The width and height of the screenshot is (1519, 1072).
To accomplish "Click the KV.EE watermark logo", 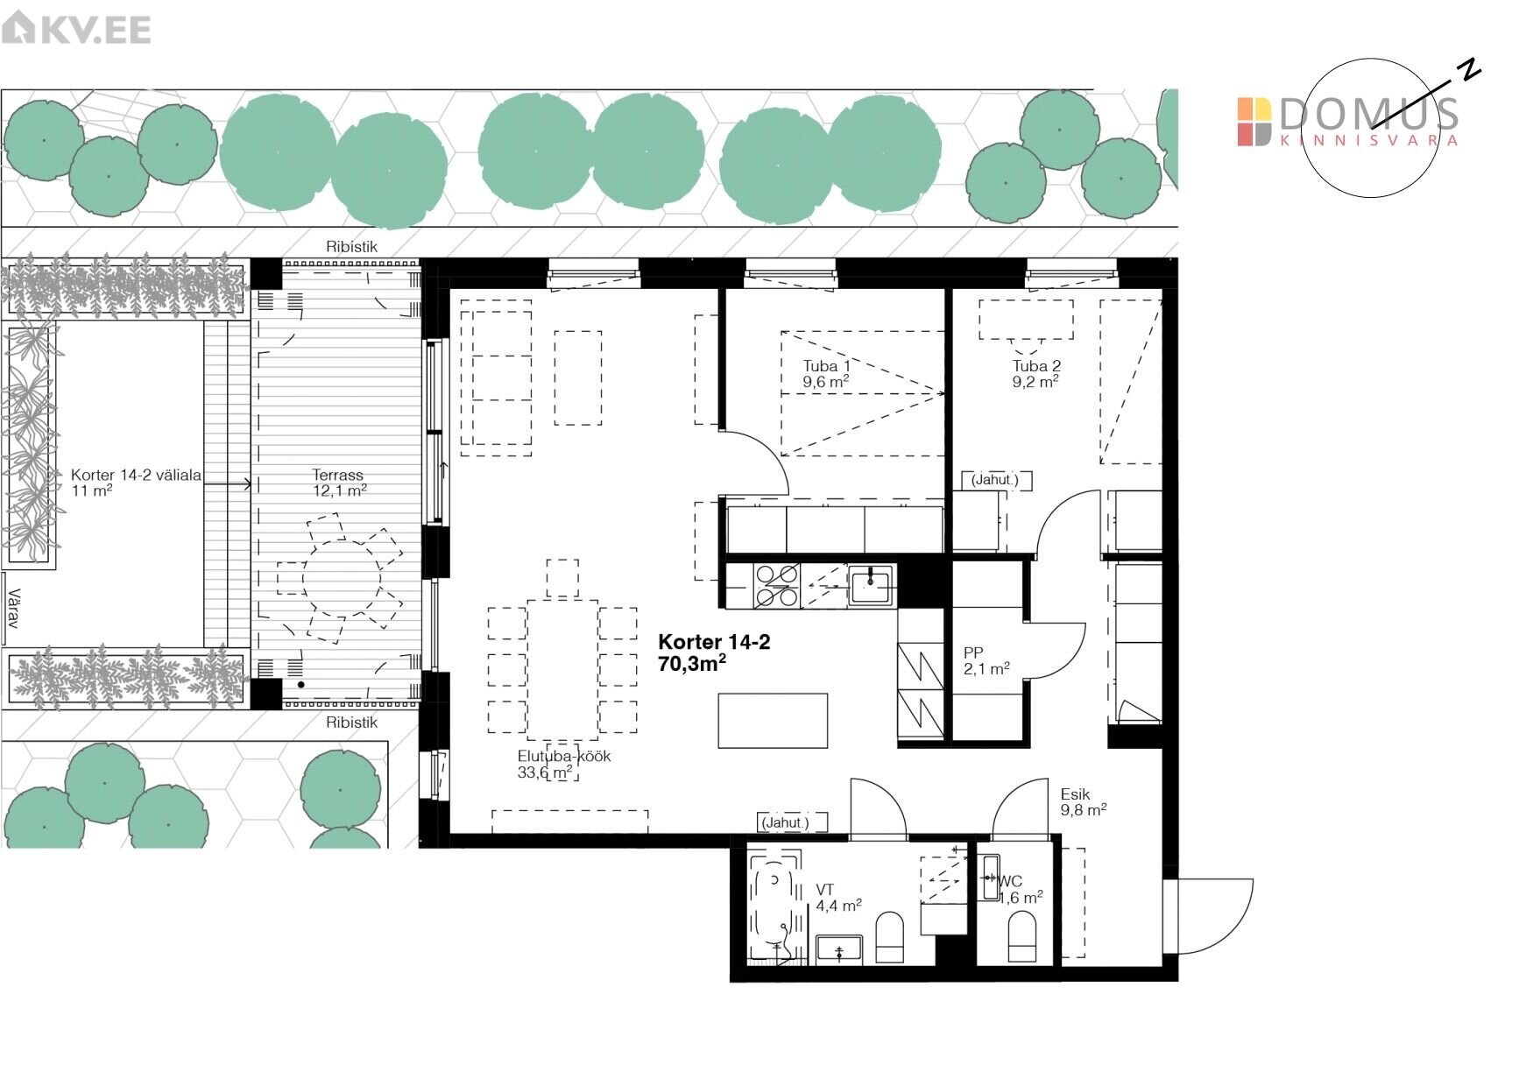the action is (77, 29).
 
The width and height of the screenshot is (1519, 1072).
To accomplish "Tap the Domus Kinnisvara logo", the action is (1347, 122).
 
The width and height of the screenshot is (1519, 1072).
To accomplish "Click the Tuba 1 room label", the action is (826, 374).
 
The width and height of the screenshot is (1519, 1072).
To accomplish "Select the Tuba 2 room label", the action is (1036, 374).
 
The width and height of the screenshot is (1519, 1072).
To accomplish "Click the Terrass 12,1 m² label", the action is (339, 483).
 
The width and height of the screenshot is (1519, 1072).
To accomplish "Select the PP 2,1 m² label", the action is (986, 660).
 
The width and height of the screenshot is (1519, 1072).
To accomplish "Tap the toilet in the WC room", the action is (1022, 936).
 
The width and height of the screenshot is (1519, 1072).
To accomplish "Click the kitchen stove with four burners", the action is (776, 586).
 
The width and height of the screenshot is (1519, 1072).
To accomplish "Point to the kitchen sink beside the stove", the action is (870, 585).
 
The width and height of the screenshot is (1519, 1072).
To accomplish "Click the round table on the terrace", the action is (342, 579).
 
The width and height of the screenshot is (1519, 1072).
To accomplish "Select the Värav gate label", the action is (12, 609).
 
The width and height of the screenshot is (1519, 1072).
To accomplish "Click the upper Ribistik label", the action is (352, 247).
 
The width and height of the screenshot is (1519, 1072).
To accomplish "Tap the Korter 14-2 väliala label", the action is (136, 483).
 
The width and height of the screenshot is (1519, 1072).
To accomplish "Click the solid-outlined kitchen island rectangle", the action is (773, 721).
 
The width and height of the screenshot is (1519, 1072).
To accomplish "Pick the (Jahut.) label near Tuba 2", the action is (996, 480).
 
